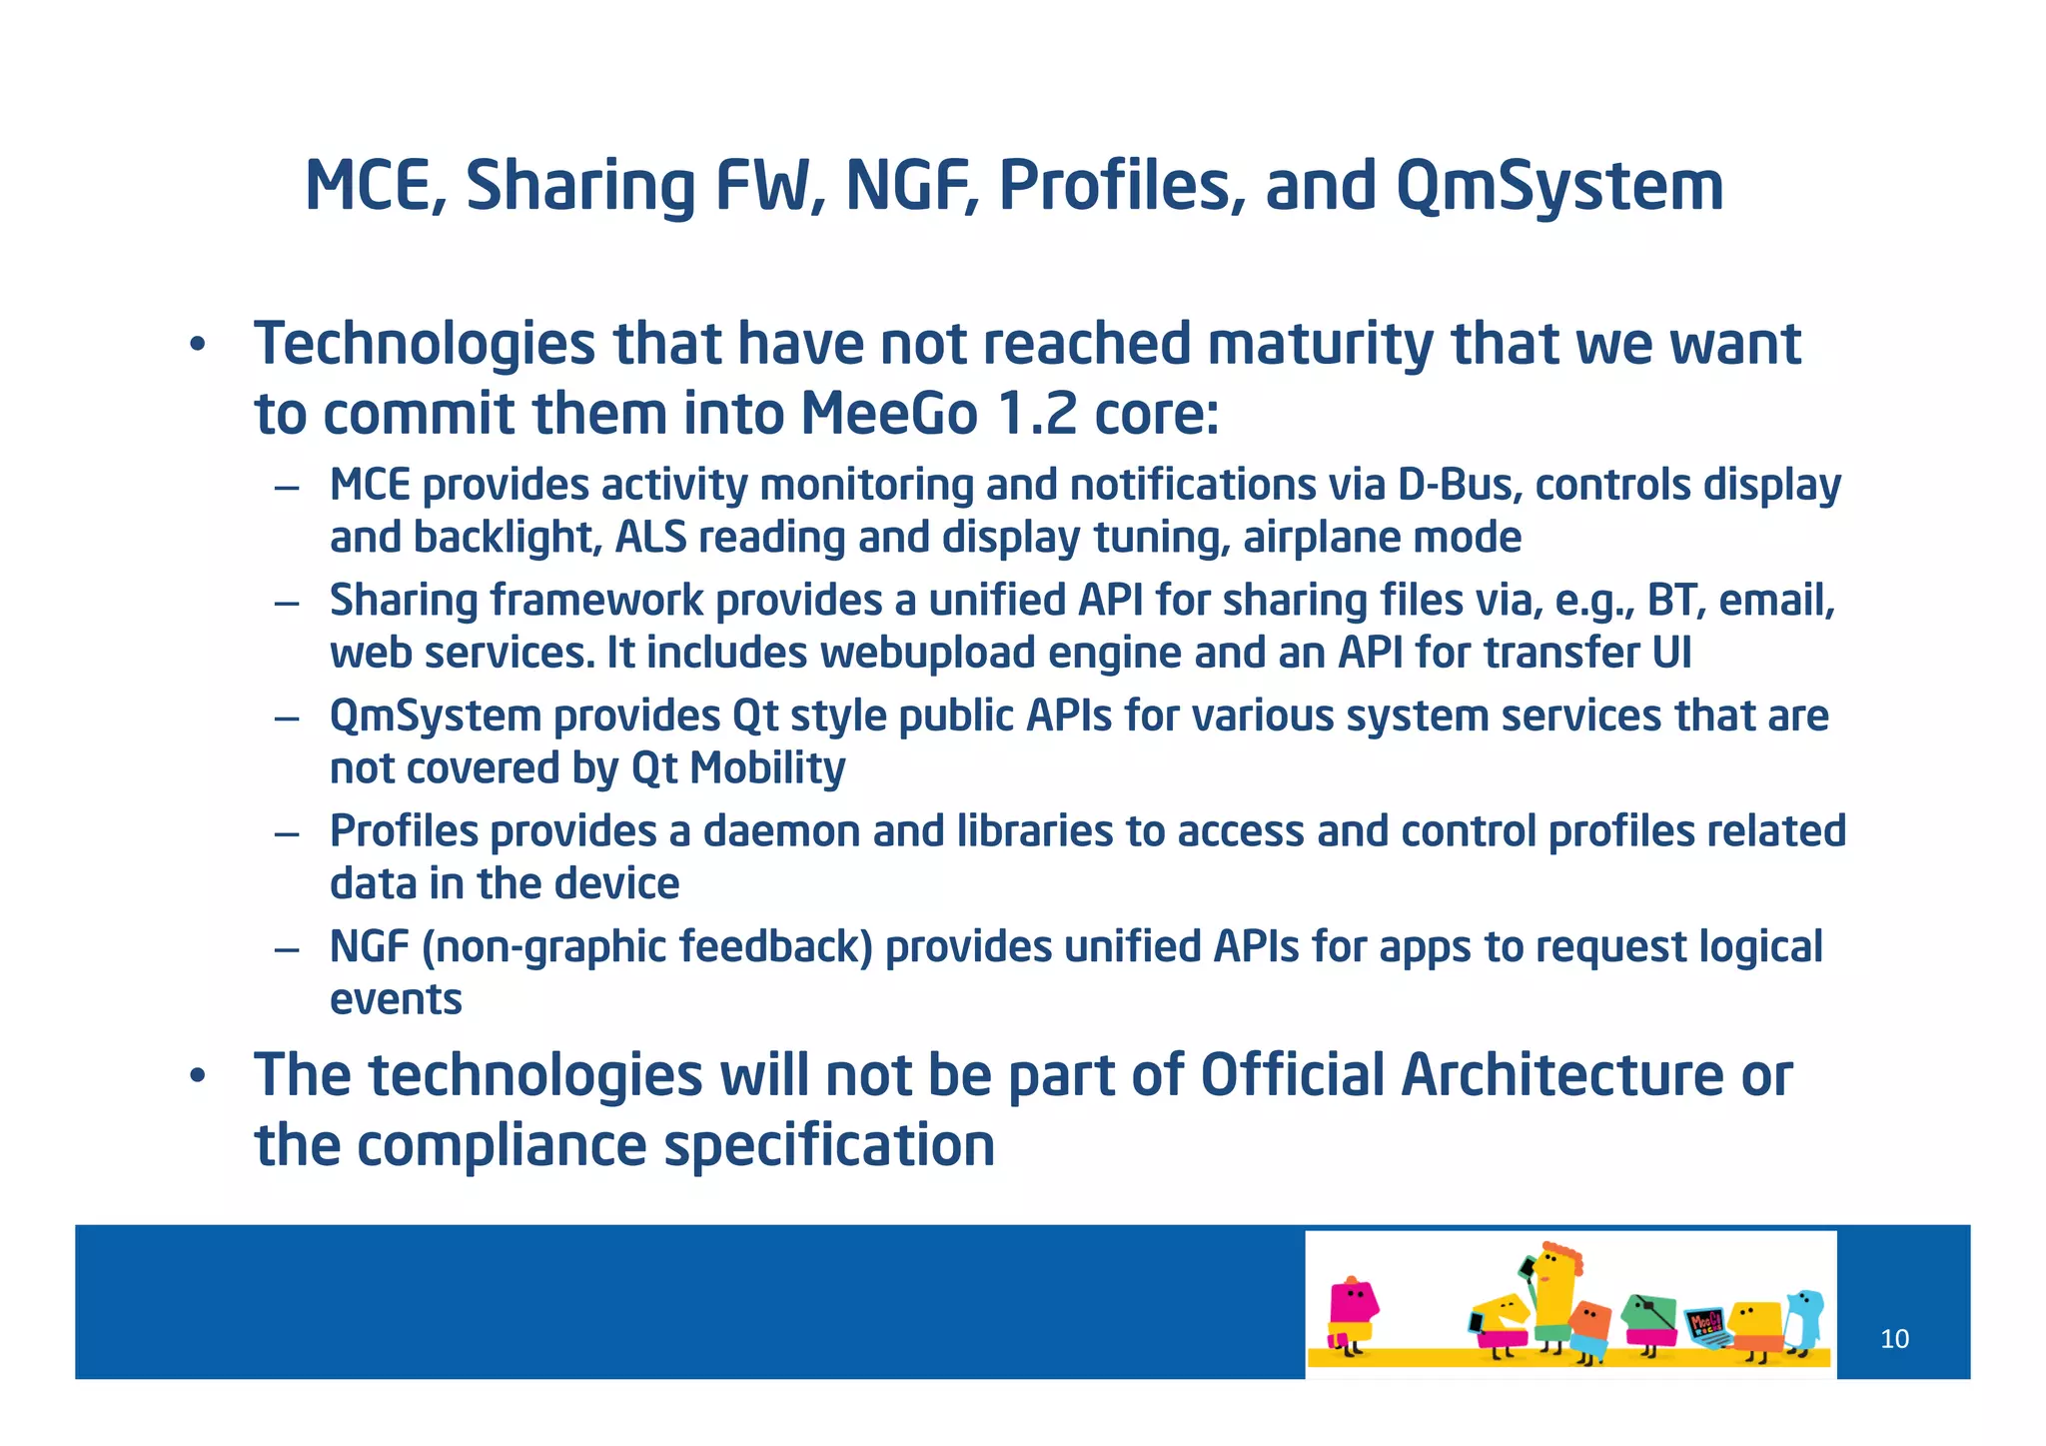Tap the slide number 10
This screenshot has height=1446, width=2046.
point(1894,1339)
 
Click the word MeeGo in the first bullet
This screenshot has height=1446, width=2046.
point(888,414)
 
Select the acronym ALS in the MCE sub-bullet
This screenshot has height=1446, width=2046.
point(650,538)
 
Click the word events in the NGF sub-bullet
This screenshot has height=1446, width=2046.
point(396,999)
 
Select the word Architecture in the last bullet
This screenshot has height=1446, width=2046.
point(1561,1075)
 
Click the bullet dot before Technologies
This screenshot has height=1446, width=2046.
point(198,346)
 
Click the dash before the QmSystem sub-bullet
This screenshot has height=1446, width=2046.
point(288,719)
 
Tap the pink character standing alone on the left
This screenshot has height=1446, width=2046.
point(1352,1311)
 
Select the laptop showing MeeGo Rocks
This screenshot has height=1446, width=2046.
point(1706,1327)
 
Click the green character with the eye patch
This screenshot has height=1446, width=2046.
point(1648,1319)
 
